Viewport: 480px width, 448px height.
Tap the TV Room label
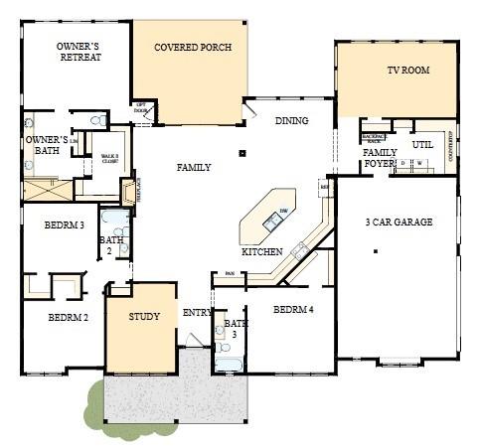coord(407,73)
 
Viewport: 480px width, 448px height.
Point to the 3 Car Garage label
coord(399,223)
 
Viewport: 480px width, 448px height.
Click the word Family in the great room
coord(194,168)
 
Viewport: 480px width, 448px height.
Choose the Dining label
coord(291,121)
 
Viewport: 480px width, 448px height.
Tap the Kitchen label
coord(261,252)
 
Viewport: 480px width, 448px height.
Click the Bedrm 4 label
coord(293,310)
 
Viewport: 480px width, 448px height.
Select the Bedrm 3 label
coord(64,225)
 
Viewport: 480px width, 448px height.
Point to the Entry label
coord(196,314)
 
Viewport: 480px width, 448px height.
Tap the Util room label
coord(421,145)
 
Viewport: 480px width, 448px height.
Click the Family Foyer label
coord(380,159)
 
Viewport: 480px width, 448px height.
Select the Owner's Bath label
coord(47,146)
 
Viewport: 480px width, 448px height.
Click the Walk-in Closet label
coord(106,158)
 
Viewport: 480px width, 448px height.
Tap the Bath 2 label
coord(111,245)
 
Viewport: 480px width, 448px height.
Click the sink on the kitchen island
coord(271,223)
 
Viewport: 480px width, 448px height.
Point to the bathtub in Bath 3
coord(229,364)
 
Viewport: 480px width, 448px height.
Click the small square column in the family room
coord(242,154)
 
